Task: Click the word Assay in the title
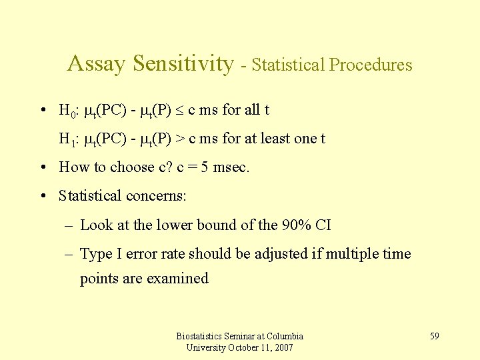point(96,64)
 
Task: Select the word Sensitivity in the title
point(183,64)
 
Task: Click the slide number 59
point(434,336)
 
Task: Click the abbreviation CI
point(323,225)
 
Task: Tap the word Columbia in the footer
point(282,336)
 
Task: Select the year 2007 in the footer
point(283,347)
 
